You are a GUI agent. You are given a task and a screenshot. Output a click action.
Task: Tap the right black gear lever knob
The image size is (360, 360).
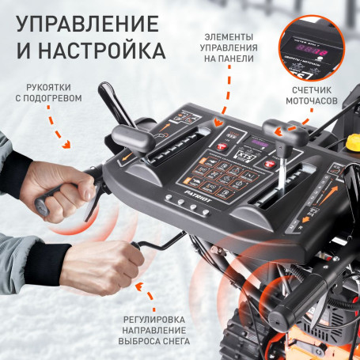(275, 128)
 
